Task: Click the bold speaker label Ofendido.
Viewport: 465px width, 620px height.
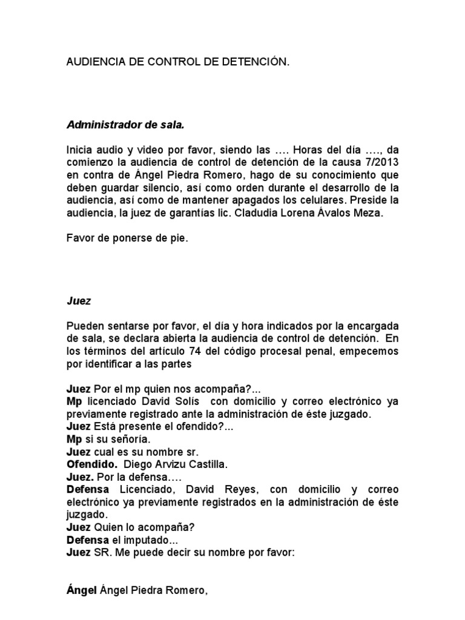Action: pos(91,464)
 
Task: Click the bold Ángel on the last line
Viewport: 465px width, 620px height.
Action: pos(81,591)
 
